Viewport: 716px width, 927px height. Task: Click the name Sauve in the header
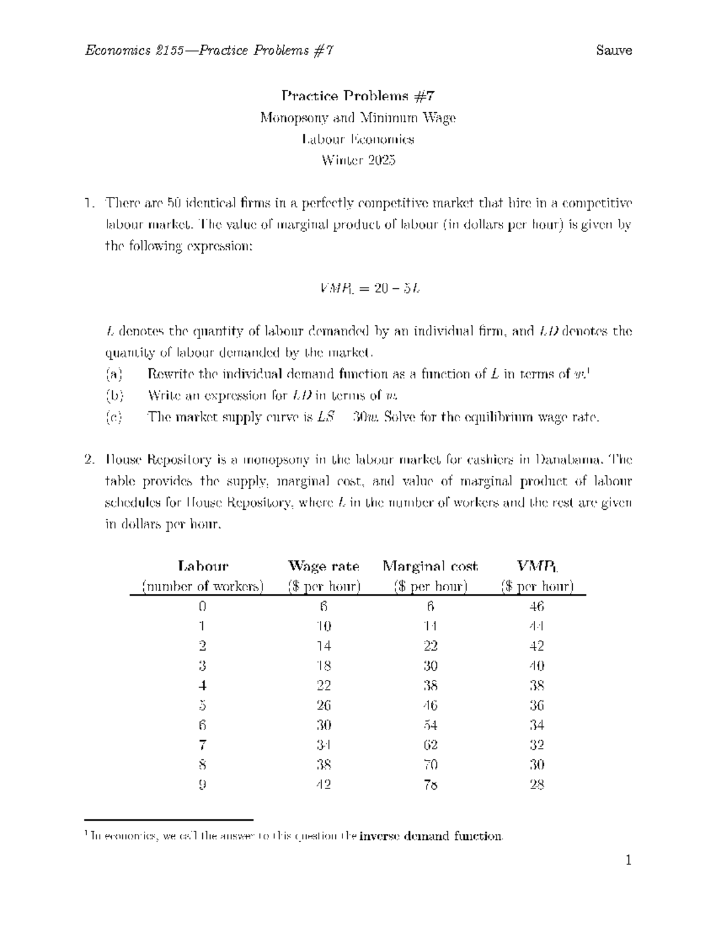[614, 50]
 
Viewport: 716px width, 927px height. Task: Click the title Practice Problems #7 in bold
[358, 96]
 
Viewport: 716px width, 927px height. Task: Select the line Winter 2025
[358, 161]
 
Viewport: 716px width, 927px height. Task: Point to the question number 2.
[89, 460]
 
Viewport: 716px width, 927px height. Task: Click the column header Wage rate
[324, 566]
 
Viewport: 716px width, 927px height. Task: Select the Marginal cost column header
[430, 566]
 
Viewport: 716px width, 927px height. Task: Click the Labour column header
[203, 566]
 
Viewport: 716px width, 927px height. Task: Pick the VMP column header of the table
[537, 566]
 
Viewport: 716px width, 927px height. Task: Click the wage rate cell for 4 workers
[324, 686]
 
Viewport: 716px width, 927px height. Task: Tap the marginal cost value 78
[430, 785]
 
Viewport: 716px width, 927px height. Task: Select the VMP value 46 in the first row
[537, 606]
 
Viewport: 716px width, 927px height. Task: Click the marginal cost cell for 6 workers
[430, 725]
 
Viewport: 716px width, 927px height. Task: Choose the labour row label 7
[203, 745]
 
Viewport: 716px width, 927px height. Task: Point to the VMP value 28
[537, 785]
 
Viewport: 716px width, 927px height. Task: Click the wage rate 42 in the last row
[324, 785]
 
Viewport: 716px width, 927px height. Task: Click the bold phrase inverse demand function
[432, 836]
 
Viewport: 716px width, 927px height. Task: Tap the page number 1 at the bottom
[628, 860]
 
